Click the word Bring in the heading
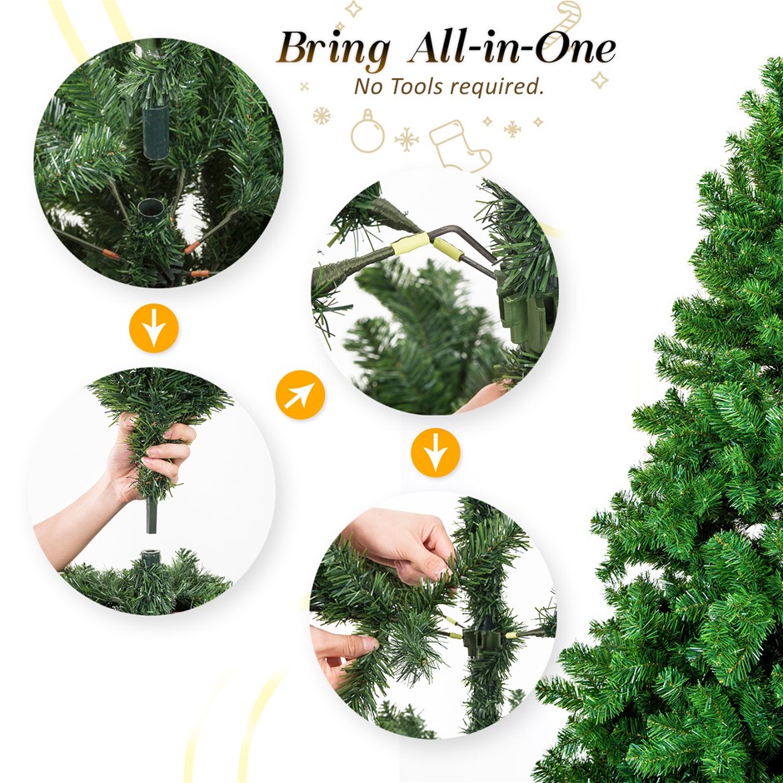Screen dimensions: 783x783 click(x=333, y=50)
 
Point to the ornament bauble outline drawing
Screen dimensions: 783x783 click(x=367, y=132)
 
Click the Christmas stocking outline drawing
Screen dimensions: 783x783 click(x=458, y=146)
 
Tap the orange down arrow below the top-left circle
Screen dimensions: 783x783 click(x=154, y=328)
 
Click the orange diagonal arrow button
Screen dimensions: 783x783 click(x=300, y=395)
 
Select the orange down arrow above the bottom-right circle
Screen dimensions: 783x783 click(x=436, y=452)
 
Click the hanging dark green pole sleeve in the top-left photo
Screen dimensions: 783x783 click(x=157, y=131)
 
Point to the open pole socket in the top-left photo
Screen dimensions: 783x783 click(x=151, y=208)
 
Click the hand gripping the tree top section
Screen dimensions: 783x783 click(x=150, y=457)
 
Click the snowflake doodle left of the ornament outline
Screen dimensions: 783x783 click(x=322, y=116)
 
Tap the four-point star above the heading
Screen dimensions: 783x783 click(x=353, y=8)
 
